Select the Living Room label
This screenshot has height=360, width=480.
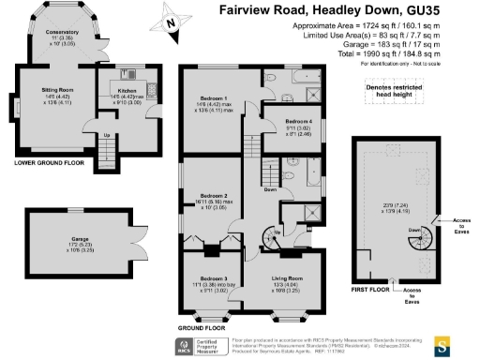287,282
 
